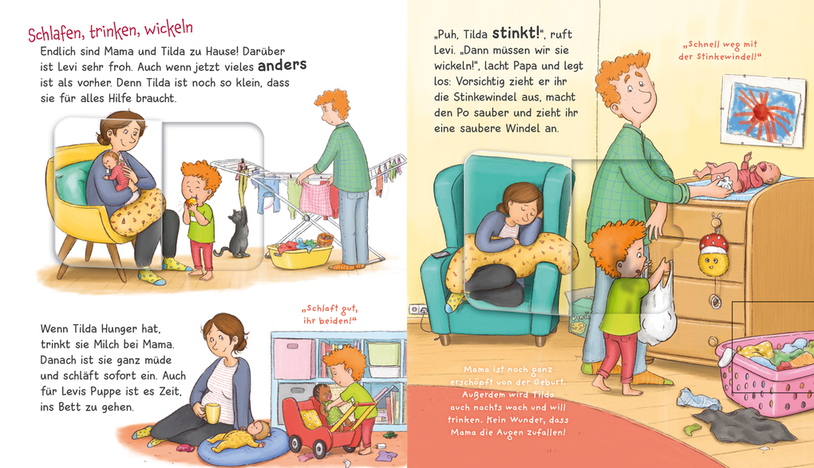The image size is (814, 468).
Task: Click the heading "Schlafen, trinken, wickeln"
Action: tap(110, 33)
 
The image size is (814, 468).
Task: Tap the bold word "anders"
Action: tap(282, 65)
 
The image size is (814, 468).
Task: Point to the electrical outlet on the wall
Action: tap(414, 309)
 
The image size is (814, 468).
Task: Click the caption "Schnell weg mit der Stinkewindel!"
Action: tap(719, 49)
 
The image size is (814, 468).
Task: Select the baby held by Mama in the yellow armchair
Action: tap(115, 170)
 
